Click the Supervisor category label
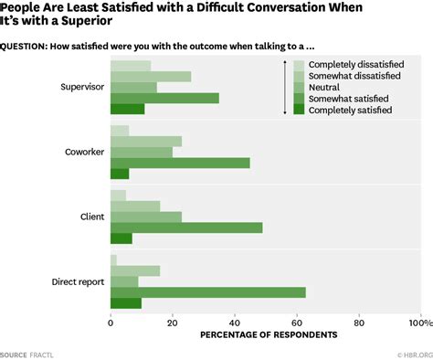pos(79,88)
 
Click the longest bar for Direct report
pos(207,292)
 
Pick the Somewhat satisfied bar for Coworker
pos(180,163)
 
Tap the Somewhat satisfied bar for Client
pos(186,228)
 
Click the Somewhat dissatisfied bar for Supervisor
pos(151,77)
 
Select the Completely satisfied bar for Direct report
pos(126,303)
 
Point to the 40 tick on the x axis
pos(235,323)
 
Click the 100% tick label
pos(420,323)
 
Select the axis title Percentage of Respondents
pos(269,335)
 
